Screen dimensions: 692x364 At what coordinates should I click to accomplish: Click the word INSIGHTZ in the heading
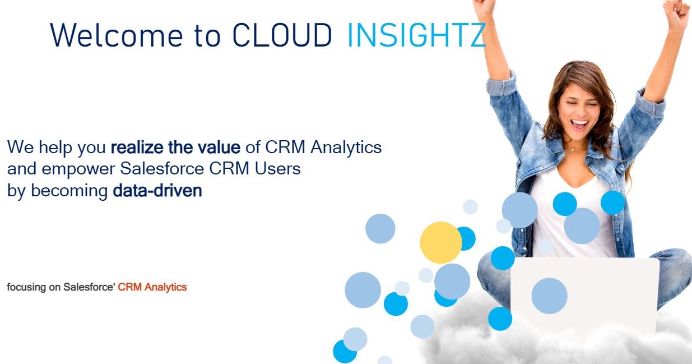click(417, 35)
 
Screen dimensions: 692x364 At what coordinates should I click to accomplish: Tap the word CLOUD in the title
click(282, 35)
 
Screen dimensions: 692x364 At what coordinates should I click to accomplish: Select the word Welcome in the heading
click(117, 35)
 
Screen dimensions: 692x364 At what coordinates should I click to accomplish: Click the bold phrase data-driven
click(157, 191)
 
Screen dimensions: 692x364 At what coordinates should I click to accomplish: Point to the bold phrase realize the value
click(175, 147)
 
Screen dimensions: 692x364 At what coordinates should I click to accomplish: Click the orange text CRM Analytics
click(152, 287)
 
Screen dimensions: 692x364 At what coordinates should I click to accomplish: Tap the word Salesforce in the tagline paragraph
click(162, 169)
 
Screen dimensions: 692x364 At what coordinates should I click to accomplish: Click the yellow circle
click(441, 242)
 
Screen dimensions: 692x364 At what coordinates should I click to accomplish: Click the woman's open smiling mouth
click(579, 125)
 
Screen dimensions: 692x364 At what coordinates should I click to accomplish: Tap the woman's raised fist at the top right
click(676, 12)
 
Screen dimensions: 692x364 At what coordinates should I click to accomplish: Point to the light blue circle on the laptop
click(549, 296)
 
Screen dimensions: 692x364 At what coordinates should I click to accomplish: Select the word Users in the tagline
click(277, 169)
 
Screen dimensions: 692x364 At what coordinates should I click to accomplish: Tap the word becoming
click(69, 191)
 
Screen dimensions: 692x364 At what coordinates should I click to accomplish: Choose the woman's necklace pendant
click(573, 150)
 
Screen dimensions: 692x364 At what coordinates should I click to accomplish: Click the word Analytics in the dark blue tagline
click(346, 147)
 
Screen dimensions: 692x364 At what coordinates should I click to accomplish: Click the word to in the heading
click(207, 36)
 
